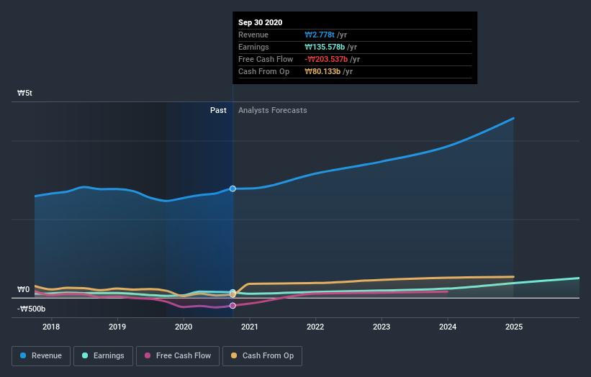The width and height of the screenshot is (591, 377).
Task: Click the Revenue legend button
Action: [x=42, y=355]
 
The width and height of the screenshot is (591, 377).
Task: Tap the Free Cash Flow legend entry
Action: [x=177, y=355]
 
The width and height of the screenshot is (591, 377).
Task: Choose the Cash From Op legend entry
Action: [x=262, y=355]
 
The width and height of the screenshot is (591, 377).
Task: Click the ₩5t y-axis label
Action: [x=25, y=94]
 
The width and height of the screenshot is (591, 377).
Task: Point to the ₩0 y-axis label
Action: [x=24, y=290]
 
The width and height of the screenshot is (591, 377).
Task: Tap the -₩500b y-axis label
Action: [x=32, y=309]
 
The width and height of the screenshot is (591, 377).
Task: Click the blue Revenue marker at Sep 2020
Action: [x=233, y=188]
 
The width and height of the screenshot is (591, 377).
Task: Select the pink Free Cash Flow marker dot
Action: [x=233, y=306]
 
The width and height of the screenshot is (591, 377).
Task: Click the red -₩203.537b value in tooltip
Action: [x=328, y=59]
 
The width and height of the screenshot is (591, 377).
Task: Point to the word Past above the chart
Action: [x=218, y=110]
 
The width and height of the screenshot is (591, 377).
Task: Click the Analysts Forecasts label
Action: [x=272, y=110]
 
